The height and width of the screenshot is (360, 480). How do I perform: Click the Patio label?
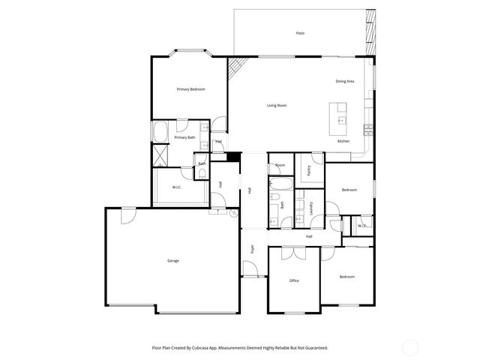[x=300, y=33]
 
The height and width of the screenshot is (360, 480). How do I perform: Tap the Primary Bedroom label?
[x=190, y=89]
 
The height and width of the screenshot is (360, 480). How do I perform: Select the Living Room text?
[x=277, y=105]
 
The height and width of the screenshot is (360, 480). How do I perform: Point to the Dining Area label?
[x=344, y=81]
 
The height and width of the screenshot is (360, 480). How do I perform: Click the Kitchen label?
[x=343, y=142]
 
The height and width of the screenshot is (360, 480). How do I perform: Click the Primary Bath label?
[x=184, y=137]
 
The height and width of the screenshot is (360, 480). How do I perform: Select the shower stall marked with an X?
[x=160, y=155]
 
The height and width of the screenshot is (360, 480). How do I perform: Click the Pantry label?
[x=308, y=170]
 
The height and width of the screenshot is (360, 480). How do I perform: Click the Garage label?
[x=172, y=260]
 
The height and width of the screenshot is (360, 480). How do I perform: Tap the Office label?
[x=295, y=280]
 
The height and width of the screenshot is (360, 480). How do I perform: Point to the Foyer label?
[x=253, y=248]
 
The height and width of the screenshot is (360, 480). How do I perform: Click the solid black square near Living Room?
[x=233, y=157]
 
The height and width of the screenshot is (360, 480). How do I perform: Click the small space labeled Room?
[x=280, y=165]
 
